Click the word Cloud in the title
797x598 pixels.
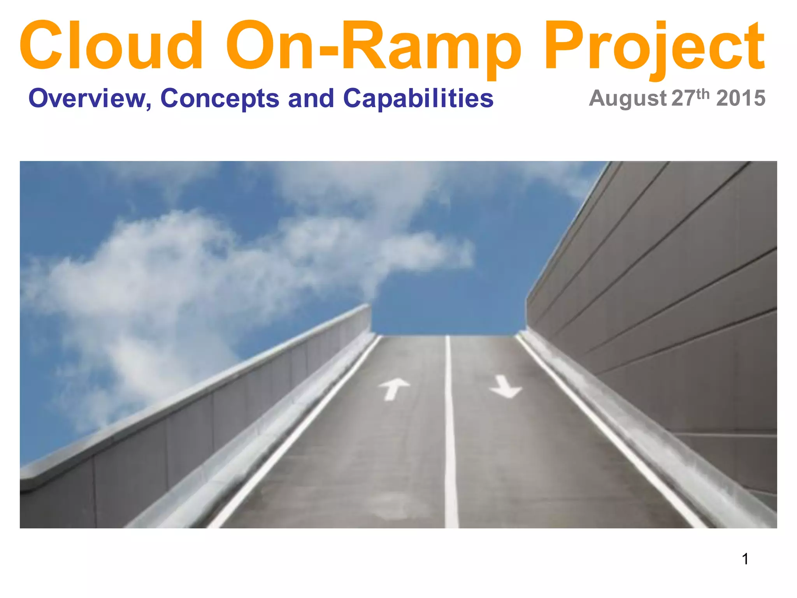click(111, 46)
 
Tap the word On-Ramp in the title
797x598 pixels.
click(374, 46)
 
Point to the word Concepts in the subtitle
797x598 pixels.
click(220, 98)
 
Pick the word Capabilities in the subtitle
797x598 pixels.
click(418, 98)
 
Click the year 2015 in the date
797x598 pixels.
click(741, 98)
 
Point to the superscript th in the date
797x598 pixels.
click(704, 93)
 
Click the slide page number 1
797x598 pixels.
click(745, 559)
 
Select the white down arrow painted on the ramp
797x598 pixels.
click(505, 387)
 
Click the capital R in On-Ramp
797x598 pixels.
click(366, 46)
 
